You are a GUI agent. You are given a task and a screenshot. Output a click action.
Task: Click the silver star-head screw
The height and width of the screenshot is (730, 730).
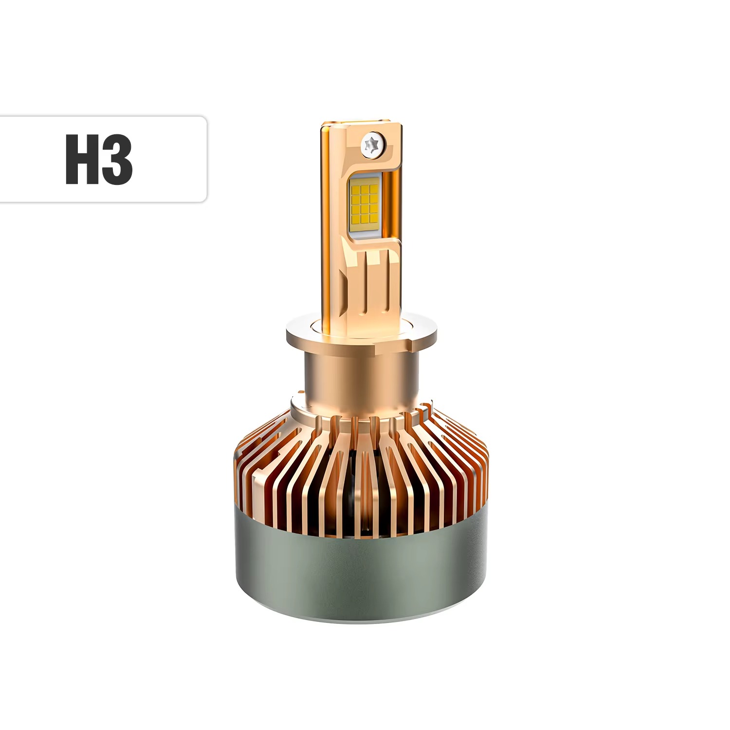click(374, 145)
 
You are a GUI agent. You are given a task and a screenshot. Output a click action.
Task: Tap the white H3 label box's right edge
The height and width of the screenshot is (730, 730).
click(206, 159)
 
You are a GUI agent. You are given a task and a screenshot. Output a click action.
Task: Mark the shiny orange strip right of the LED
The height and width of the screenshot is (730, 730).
click(394, 204)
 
